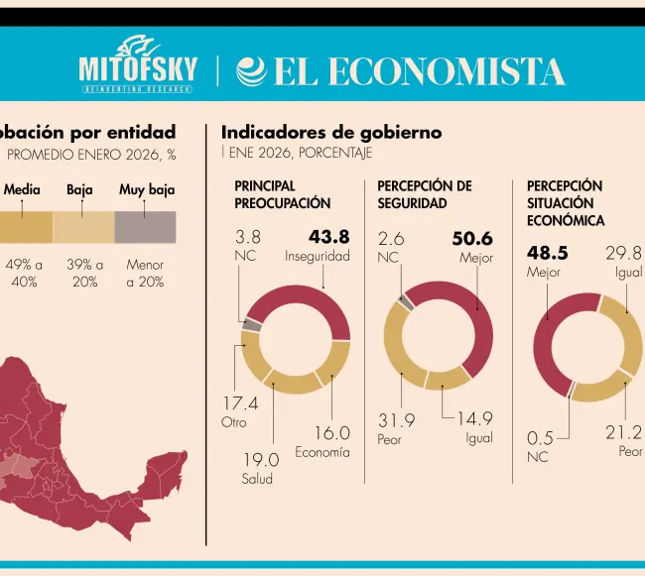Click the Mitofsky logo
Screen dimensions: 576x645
click(137, 67)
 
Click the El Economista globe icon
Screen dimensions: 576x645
click(251, 71)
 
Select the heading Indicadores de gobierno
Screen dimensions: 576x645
click(330, 132)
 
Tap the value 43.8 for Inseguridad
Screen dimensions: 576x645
click(328, 237)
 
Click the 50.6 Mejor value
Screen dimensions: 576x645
click(472, 239)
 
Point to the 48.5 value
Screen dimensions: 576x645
click(547, 253)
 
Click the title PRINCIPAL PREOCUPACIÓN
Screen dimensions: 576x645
click(282, 194)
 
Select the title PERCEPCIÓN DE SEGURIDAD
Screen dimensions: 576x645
click(424, 194)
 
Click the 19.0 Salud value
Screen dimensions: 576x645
click(261, 460)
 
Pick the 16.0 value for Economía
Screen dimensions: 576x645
click(331, 433)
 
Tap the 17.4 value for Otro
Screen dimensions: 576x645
click(239, 403)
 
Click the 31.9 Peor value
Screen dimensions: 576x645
click(396, 420)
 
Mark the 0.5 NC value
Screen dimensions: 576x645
click(540, 438)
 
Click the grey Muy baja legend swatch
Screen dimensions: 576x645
click(145, 227)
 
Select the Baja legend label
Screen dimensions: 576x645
click(79, 189)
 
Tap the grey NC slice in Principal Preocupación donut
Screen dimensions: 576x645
click(252, 324)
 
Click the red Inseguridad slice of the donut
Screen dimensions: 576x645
click(308, 303)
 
